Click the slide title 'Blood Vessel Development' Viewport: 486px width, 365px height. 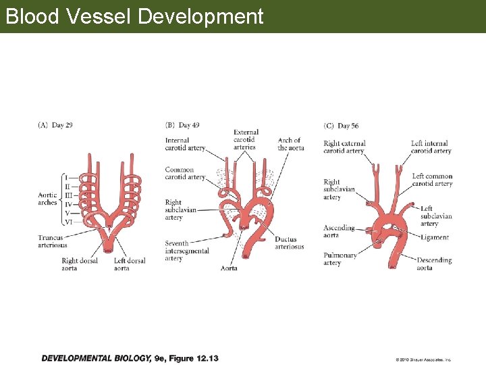click(x=134, y=16)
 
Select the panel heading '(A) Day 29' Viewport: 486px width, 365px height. click(x=55, y=125)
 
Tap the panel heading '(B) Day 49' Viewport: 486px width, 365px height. click(x=182, y=125)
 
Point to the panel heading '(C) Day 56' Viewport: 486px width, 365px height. click(x=342, y=126)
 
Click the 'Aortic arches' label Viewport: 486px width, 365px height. click(x=48, y=199)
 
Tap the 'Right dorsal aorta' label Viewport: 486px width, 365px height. click(x=79, y=264)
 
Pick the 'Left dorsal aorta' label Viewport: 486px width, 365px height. click(x=130, y=264)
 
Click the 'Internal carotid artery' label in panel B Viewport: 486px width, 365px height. click(x=185, y=145)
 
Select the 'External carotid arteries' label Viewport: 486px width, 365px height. click(x=246, y=140)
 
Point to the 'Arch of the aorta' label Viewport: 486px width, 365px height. click(x=290, y=144)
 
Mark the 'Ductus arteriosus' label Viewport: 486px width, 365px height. click(x=289, y=243)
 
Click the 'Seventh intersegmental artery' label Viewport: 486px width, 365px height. click(x=186, y=251)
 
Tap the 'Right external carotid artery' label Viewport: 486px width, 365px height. click(x=344, y=147)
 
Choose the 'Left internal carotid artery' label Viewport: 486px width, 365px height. click(x=431, y=147)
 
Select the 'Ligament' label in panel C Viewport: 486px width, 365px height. click(x=434, y=238)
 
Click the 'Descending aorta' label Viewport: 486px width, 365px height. click(x=433, y=264)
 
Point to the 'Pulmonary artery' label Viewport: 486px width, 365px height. click(x=340, y=259)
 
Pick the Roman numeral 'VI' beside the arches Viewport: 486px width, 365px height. click(x=68, y=221)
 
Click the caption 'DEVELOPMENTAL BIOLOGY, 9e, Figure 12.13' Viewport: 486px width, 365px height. click(x=130, y=358)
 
